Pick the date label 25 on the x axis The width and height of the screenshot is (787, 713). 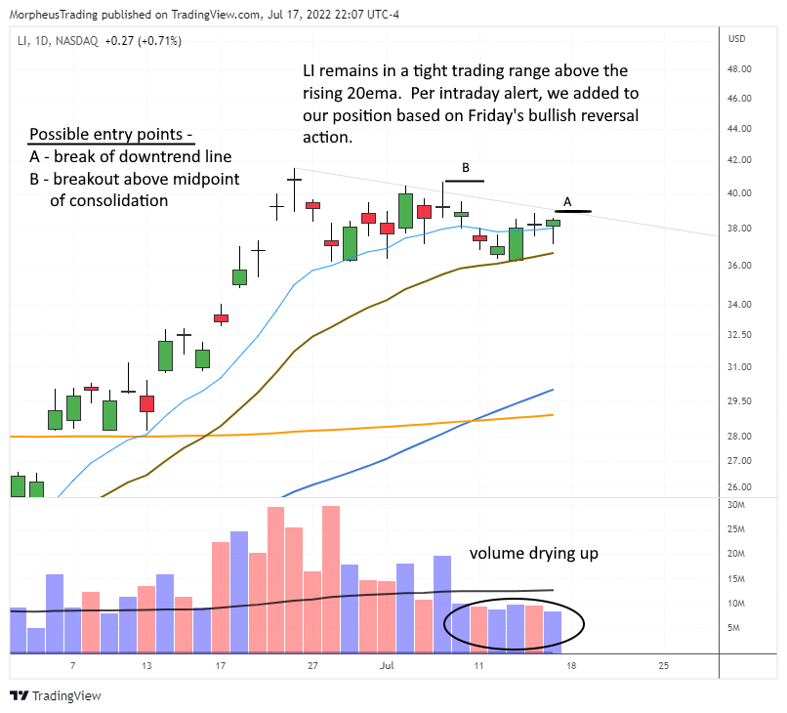coord(664,665)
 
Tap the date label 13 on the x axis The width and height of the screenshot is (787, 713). coord(146,665)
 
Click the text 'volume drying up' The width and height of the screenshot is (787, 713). coord(533,554)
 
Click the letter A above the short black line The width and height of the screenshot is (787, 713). coord(568,202)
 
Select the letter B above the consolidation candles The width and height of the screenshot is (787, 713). coord(466,167)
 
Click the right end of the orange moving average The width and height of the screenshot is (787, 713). coord(553,415)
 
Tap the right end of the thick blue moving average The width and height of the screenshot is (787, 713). coord(553,390)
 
